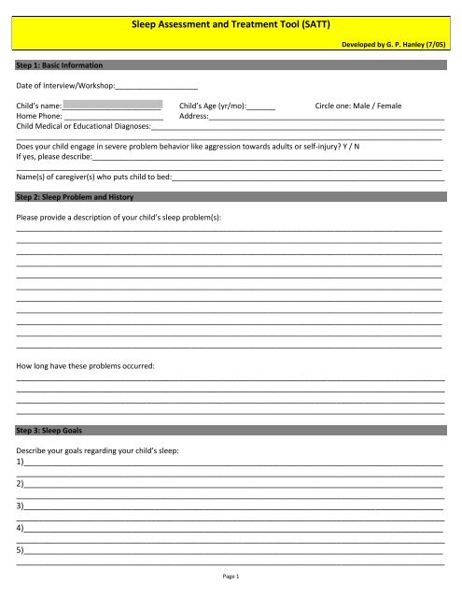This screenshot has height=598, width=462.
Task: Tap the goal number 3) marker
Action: pyautogui.click(x=21, y=505)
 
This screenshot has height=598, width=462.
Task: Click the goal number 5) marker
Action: pyautogui.click(x=21, y=549)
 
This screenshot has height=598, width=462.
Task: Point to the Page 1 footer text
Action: pyautogui.click(x=231, y=577)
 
